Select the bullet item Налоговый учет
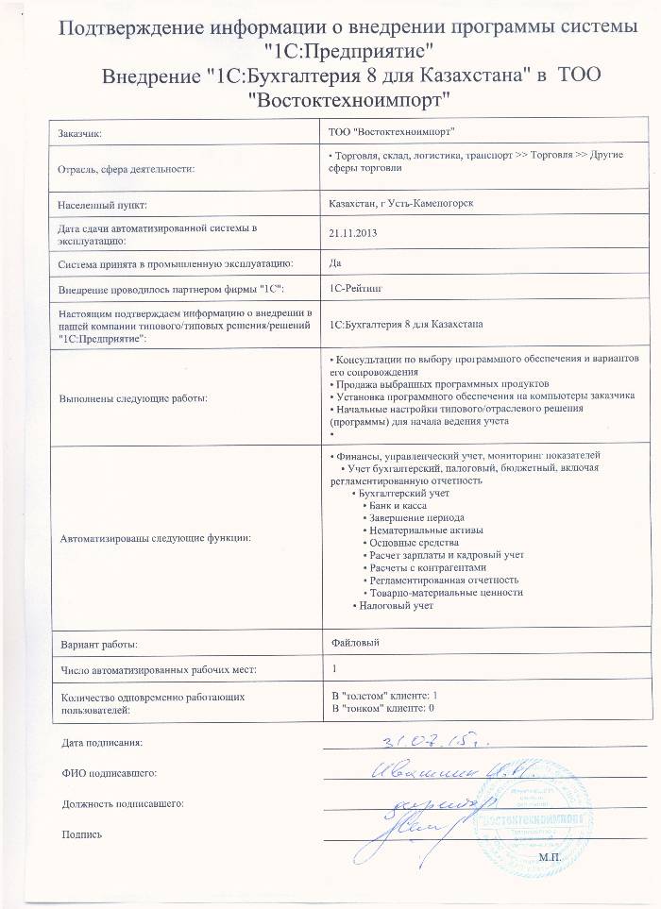[395, 605]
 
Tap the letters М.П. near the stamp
[551, 856]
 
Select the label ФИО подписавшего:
[109, 773]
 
